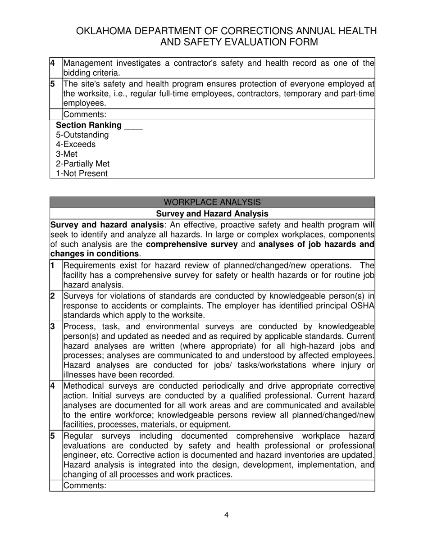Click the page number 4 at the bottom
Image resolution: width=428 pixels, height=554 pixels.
[226, 515]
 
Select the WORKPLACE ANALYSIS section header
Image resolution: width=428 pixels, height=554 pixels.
[212, 202]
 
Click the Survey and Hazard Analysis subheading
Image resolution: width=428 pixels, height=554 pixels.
[212, 213]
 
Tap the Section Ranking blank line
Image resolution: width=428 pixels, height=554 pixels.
[133, 126]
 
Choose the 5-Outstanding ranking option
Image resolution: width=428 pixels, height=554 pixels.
[82, 135]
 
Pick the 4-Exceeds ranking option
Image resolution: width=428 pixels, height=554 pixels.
[76, 145]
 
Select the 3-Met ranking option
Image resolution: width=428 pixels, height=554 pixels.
[67, 154]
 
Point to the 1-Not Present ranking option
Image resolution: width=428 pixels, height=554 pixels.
[82, 173]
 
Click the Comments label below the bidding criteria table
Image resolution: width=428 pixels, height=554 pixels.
[85, 115]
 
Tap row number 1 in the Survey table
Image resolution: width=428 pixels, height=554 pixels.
[53, 266]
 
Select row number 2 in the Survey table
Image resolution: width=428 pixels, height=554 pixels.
[53, 296]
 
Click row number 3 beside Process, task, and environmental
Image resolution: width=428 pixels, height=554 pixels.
[53, 326]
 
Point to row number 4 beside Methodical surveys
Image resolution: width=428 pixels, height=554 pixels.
[53, 386]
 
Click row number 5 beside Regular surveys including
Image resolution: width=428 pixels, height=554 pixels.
[53, 436]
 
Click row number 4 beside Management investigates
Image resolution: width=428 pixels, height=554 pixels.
[53, 63]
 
